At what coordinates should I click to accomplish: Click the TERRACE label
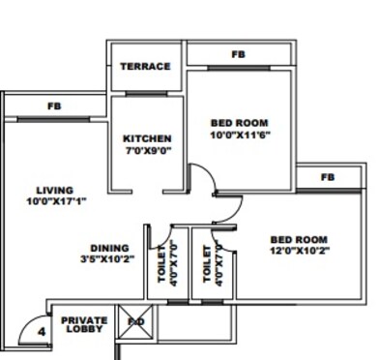coord(145,67)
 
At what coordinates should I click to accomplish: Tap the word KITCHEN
coord(147,138)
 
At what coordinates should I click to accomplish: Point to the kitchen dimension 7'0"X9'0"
coord(147,152)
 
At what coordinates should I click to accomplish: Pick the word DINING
coord(109,247)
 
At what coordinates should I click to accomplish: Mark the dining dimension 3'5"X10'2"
coord(107,258)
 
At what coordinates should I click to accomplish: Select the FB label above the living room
coord(54,105)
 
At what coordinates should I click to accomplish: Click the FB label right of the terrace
coord(238,54)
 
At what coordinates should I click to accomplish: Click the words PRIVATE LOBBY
coord(84,324)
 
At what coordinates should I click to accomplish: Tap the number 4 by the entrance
coord(41,332)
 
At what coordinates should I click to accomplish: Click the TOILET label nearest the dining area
coord(161,260)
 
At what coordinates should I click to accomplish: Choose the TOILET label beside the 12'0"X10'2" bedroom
coord(207,261)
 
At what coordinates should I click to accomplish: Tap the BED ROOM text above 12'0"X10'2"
coord(298,239)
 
